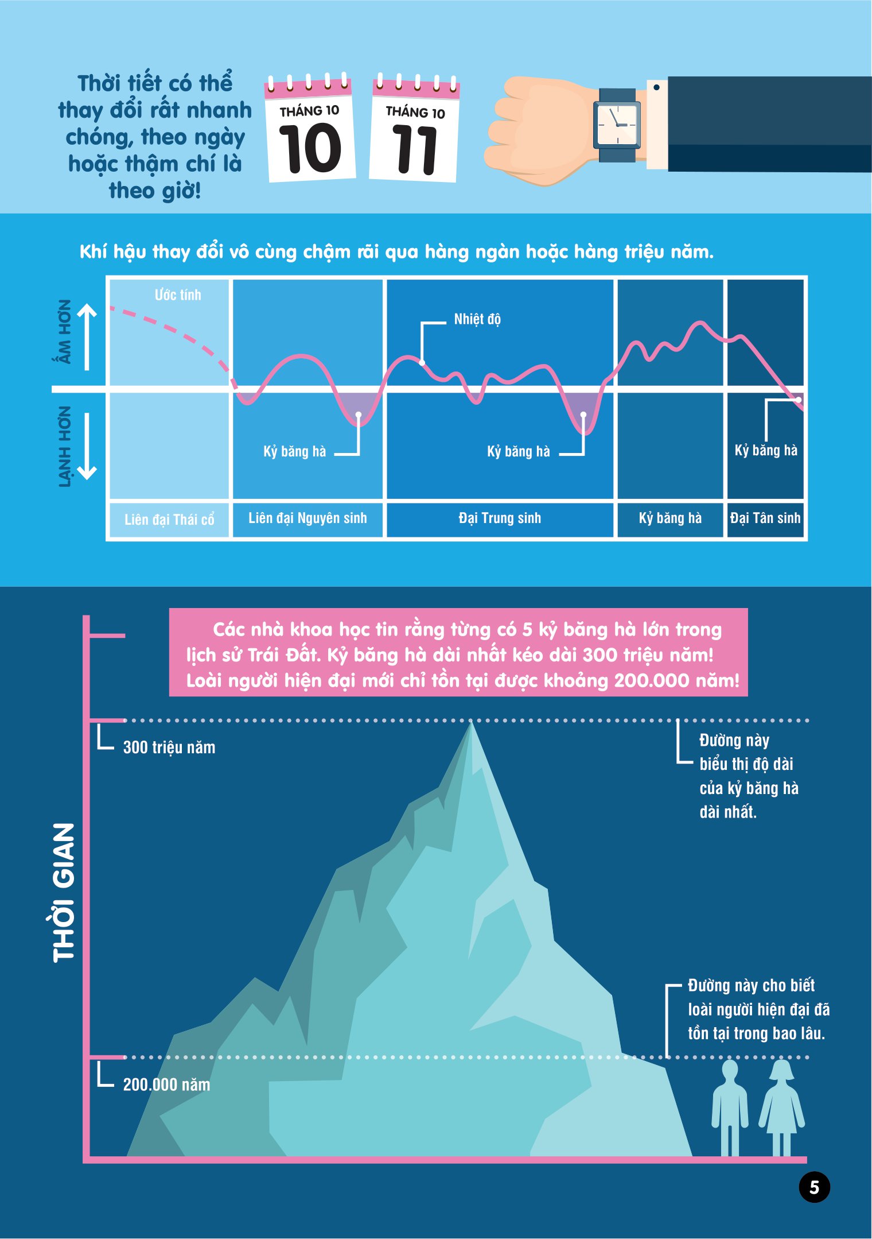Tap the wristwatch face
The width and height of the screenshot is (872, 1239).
617,125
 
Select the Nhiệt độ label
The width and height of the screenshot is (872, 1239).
477,319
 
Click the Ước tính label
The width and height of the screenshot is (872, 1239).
178,295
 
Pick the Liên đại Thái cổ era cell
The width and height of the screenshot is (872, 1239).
169,520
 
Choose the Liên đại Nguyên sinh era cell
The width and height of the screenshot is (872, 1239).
307,518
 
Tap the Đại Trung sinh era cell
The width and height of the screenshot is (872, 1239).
500,518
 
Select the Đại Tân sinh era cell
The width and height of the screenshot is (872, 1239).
765,518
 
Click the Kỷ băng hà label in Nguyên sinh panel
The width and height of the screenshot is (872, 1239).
294,452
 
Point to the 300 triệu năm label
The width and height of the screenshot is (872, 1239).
169,748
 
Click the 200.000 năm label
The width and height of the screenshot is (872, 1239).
166,1085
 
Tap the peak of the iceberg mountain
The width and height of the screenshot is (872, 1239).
472,725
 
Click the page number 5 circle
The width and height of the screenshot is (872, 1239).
814,1187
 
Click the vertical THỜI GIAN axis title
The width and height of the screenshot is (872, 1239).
63,893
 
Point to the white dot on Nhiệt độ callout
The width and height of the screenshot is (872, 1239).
422,363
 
